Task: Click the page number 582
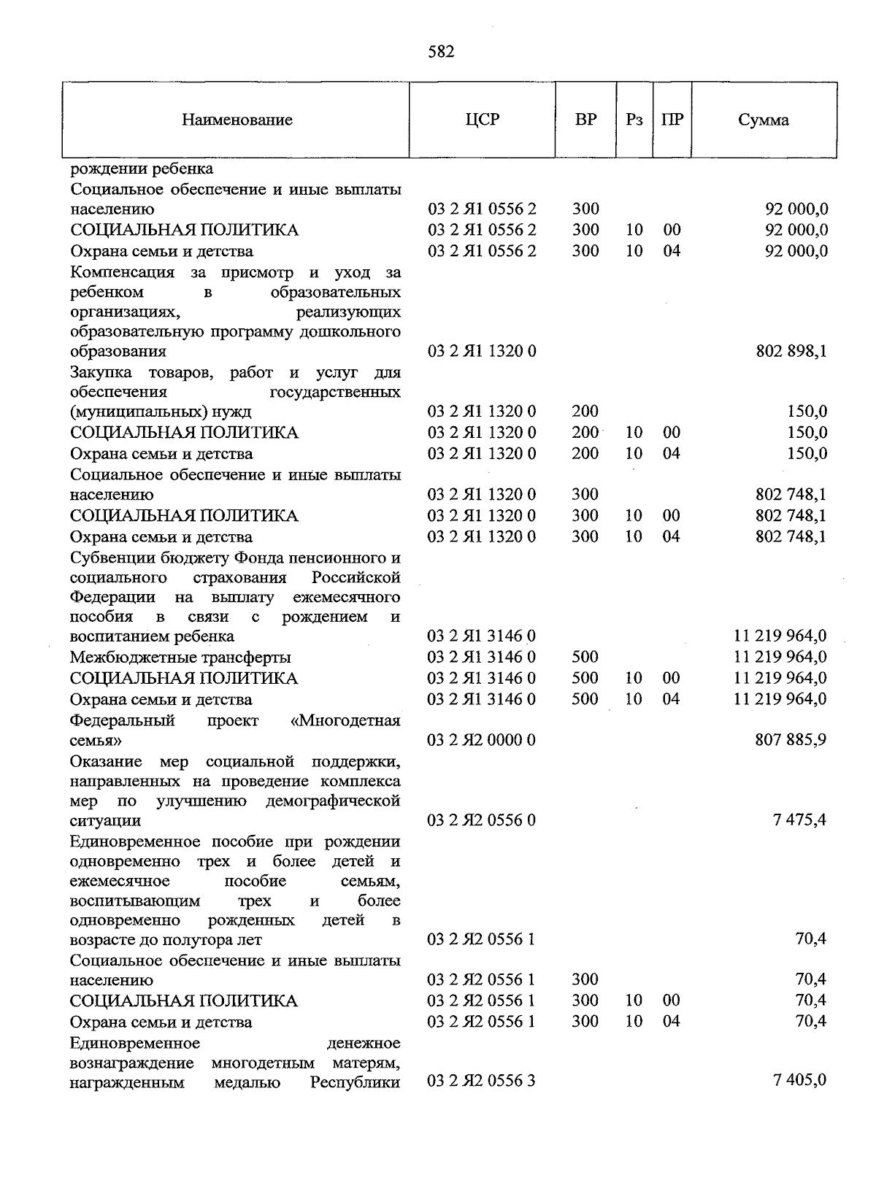click(439, 52)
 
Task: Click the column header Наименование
click(237, 120)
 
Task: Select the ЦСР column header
click(482, 119)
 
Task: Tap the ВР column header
click(585, 119)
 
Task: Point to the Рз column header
click(634, 120)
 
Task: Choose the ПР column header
click(672, 120)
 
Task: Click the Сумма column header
click(763, 120)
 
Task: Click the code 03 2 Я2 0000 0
click(481, 740)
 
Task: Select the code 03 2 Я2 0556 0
click(481, 820)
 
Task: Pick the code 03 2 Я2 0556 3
click(481, 1080)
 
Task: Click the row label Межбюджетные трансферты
click(180, 658)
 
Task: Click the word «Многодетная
click(345, 721)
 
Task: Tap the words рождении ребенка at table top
click(142, 169)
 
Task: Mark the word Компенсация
click(123, 272)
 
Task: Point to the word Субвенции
click(109, 558)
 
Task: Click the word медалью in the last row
click(247, 1082)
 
